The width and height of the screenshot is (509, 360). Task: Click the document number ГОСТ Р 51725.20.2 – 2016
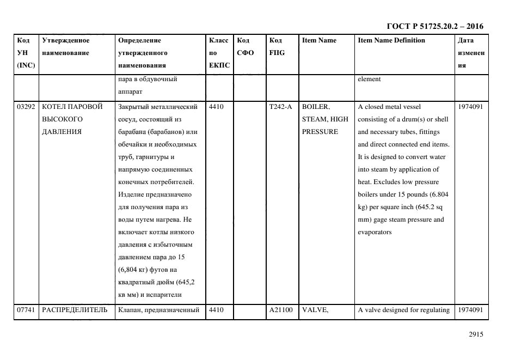point(434,26)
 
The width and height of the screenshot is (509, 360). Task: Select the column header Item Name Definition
point(391,40)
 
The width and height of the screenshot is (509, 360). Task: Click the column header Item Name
point(319,40)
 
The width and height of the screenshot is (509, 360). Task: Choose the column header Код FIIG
point(277,47)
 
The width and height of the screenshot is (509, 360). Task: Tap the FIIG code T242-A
point(280,107)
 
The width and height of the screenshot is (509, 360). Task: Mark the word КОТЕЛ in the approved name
point(53,107)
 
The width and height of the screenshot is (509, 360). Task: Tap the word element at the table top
point(369,79)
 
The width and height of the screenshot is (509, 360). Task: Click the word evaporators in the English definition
point(375,233)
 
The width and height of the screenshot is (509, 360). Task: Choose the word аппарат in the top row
point(130,91)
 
